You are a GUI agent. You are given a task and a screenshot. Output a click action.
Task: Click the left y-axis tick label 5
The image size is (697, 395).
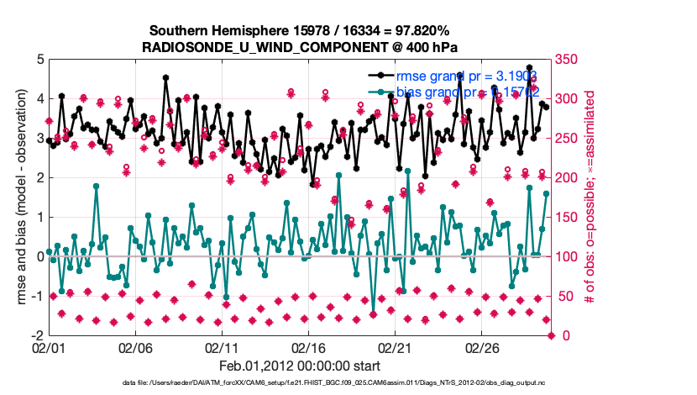tap(39, 60)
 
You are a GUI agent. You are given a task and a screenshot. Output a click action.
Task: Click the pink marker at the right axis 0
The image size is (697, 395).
tap(552, 335)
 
